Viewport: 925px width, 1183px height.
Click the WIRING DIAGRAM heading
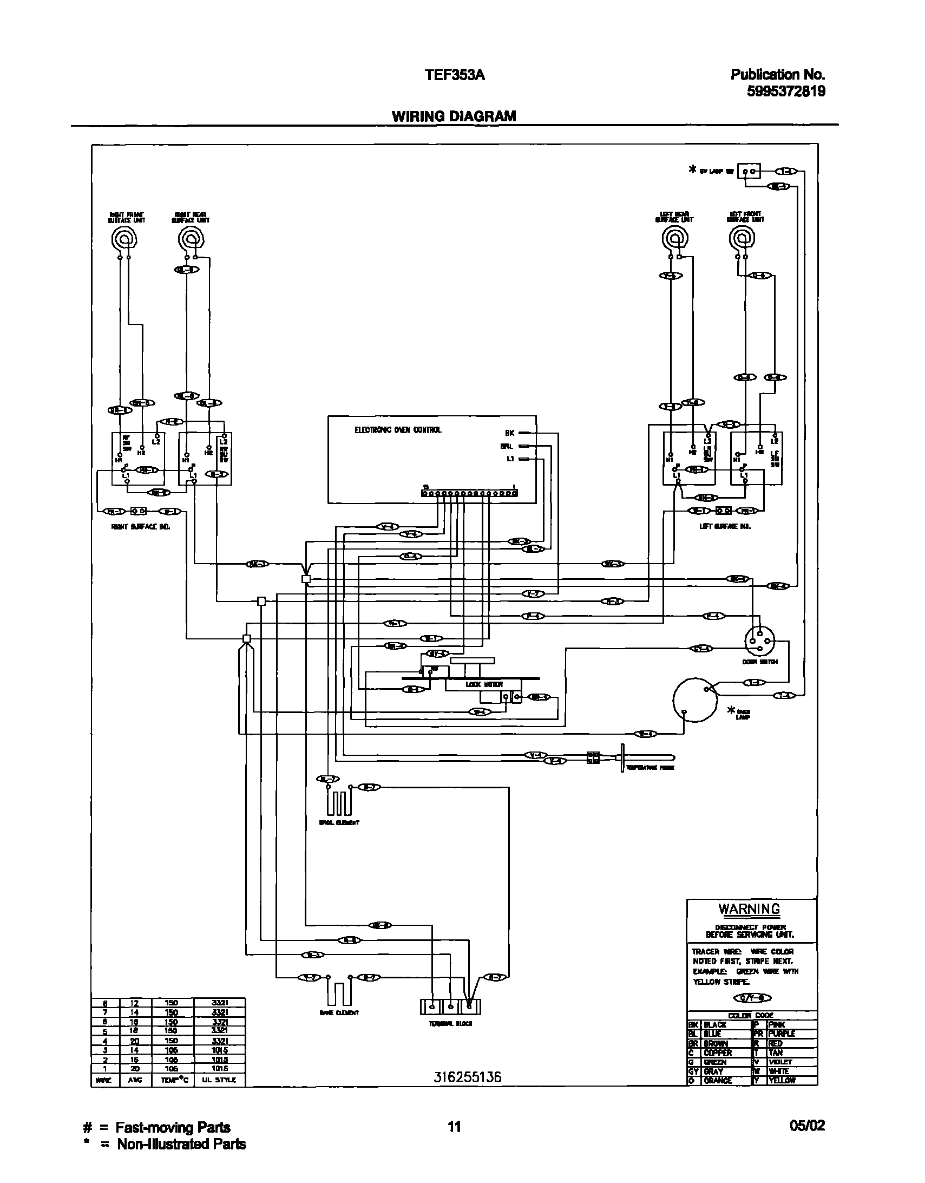[x=454, y=116]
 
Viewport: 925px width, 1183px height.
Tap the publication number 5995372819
[x=786, y=91]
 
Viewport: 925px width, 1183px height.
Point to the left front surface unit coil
[x=742, y=238]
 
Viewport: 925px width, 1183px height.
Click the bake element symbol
[x=339, y=992]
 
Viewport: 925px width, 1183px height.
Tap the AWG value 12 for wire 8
[x=134, y=1003]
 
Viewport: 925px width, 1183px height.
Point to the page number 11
[x=454, y=1127]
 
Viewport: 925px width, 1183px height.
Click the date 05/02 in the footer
[x=806, y=1126]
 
